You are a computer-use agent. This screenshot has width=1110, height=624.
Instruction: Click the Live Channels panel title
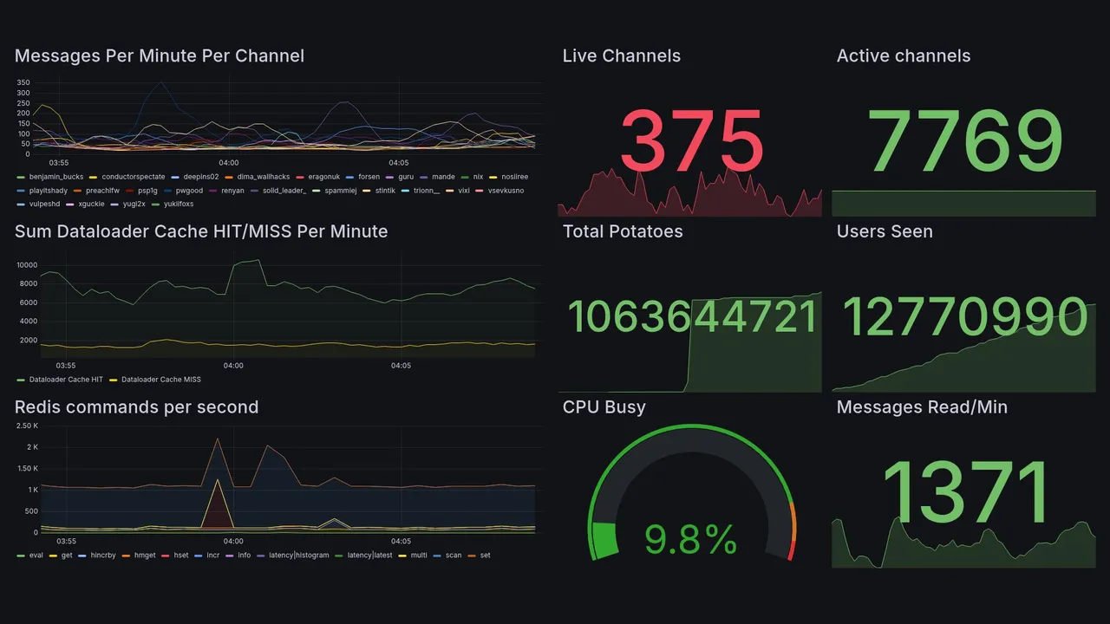[x=621, y=56]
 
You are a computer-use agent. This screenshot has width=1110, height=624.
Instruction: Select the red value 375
[x=691, y=141]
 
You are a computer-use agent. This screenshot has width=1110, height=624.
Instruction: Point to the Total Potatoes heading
[x=622, y=231]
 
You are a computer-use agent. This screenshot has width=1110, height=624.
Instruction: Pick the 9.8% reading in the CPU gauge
[x=690, y=541]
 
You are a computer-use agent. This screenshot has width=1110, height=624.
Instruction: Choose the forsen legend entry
[x=369, y=177]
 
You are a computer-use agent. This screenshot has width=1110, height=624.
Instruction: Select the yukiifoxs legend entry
[x=178, y=205]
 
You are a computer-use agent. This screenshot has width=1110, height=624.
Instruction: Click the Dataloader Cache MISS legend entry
[x=160, y=380]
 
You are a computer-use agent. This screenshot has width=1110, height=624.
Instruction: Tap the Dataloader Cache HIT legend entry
[x=66, y=380]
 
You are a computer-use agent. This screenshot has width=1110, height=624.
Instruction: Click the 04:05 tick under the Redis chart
[x=401, y=541]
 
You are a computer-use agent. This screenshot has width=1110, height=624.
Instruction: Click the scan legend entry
[x=453, y=555]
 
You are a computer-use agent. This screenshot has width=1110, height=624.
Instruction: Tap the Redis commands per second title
[x=136, y=407]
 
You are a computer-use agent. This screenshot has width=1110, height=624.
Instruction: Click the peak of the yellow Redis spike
[x=217, y=479]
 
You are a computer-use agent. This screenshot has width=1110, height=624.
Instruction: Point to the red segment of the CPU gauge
[x=790, y=551]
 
